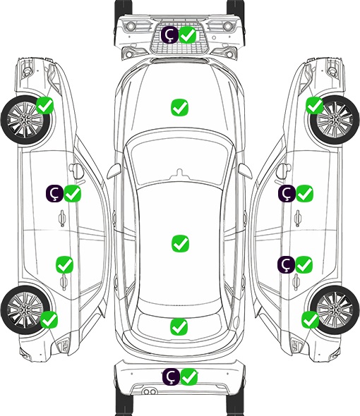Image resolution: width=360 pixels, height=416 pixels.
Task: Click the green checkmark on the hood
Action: coord(180,107)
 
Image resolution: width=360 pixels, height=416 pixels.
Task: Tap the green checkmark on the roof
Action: coord(181,243)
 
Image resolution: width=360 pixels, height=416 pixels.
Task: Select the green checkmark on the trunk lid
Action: coord(179,326)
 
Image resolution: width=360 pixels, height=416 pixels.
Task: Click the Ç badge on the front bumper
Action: coord(169,35)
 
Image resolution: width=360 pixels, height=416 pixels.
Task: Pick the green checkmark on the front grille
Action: coord(188,35)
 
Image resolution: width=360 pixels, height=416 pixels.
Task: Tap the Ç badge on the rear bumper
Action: coord(171,377)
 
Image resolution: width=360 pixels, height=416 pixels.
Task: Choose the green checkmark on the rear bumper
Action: coord(189,377)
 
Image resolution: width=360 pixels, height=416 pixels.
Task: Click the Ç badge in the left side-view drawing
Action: coord(54,193)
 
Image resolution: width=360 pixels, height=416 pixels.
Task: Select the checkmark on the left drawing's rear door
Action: coord(64,264)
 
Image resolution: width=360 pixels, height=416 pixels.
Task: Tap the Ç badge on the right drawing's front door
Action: coord(287,193)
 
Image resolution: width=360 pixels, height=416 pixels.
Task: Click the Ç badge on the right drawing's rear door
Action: coord(286,264)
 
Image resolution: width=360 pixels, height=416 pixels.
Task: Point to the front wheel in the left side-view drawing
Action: coord(25,120)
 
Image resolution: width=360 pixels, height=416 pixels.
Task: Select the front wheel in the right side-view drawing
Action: coord(335,120)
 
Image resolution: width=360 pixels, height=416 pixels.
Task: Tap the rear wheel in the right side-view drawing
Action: coord(335,310)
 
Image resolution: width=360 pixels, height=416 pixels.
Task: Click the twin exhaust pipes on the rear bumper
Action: coord(150,392)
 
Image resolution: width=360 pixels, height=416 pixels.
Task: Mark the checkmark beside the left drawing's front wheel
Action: coord(45,106)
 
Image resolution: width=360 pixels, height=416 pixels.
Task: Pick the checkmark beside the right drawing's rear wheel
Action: coord(311,319)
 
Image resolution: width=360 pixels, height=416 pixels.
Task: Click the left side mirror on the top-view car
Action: coord(114,171)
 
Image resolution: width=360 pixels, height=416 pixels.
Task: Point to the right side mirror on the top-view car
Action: coord(244,171)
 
